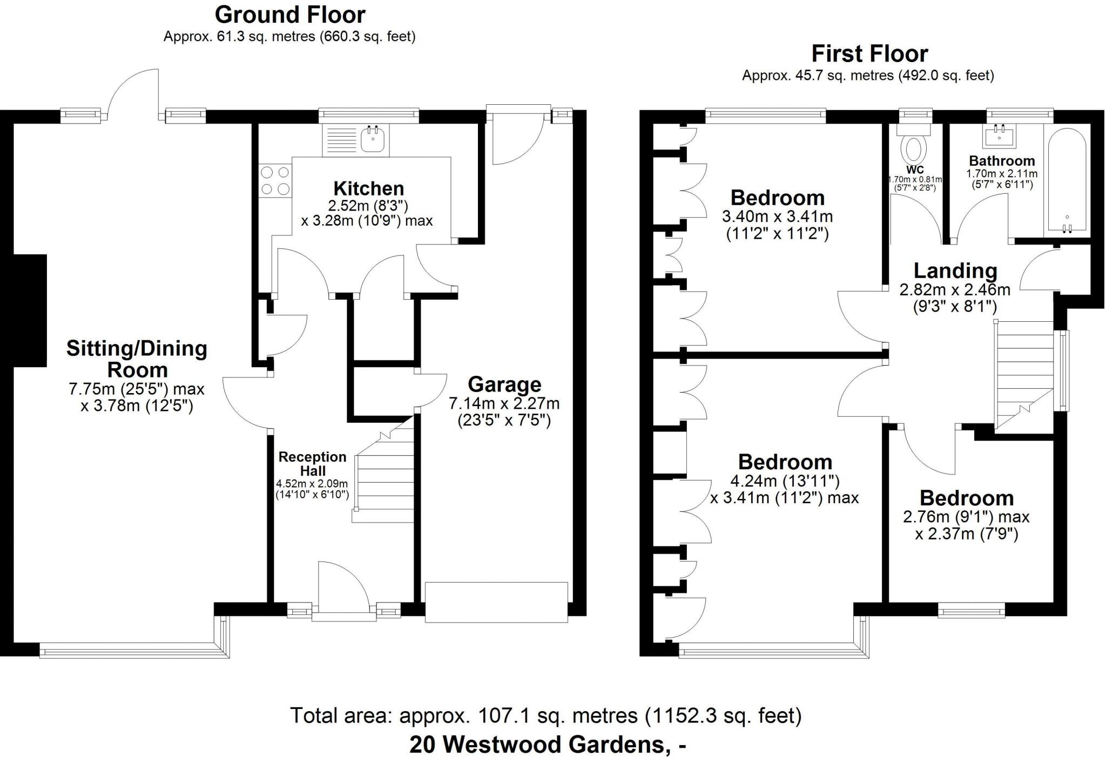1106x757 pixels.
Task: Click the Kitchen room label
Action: [x=368, y=188]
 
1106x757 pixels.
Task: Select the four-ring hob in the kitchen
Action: [x=275, y=181]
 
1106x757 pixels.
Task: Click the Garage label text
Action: [x=504, y=384]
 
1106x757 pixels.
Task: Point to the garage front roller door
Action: [x=496, y=602]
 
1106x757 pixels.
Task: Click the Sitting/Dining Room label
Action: [x=137, y=359]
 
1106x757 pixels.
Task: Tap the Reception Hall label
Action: [x=312, y=464]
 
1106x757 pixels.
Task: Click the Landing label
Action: [x=955, y=271]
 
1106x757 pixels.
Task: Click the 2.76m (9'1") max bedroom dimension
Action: [x=966, y=517]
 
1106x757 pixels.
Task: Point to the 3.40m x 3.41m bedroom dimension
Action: [x=777, y=217]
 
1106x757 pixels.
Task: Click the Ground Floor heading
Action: [x=290, y=15]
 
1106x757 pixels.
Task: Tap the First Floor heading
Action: [x=869, y=54]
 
